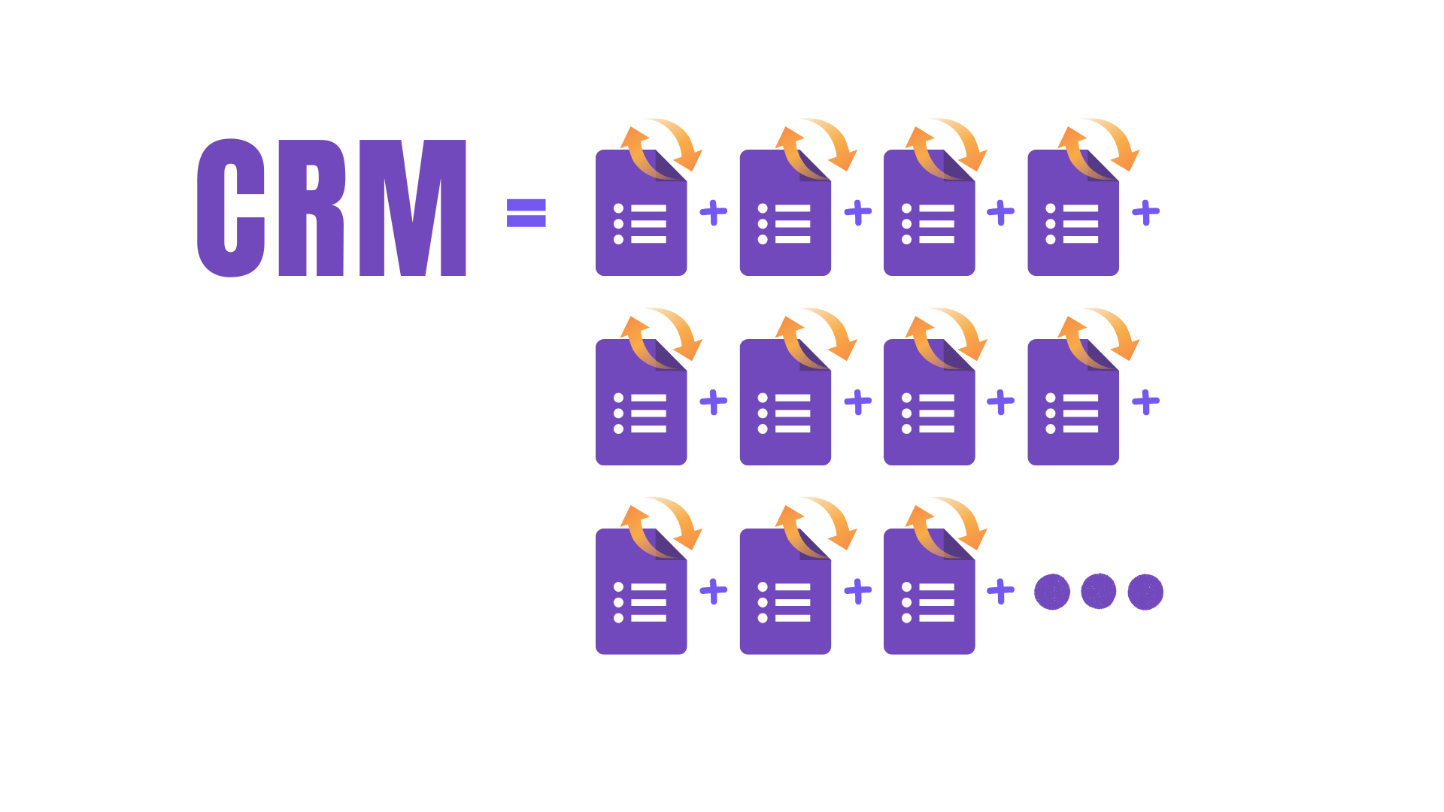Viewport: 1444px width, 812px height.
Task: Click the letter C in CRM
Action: [x=231, y=208]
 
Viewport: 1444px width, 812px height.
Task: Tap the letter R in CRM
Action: [x=311, y=208]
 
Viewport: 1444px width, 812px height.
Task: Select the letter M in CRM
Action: [x=413, y=208]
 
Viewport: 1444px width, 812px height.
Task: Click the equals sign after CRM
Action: [x=526, y=213]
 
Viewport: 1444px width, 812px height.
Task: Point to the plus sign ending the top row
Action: [x=1145, y=213]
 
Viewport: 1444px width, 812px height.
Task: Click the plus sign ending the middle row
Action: [x=1145, y=402]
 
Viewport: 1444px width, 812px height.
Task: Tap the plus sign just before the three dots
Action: [x=1000, y=591]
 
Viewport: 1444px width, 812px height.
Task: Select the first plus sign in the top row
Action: [x=713, y=213]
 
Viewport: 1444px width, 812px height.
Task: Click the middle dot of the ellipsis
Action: [x=1099, y=592]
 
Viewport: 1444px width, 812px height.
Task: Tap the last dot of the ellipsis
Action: [x=1145, y=592]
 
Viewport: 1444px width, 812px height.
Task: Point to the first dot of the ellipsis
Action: [x=1052, y=592]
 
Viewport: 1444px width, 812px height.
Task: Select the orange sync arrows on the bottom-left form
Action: [x=661, y=525]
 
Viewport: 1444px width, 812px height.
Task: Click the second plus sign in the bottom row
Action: [x=857, y=591]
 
